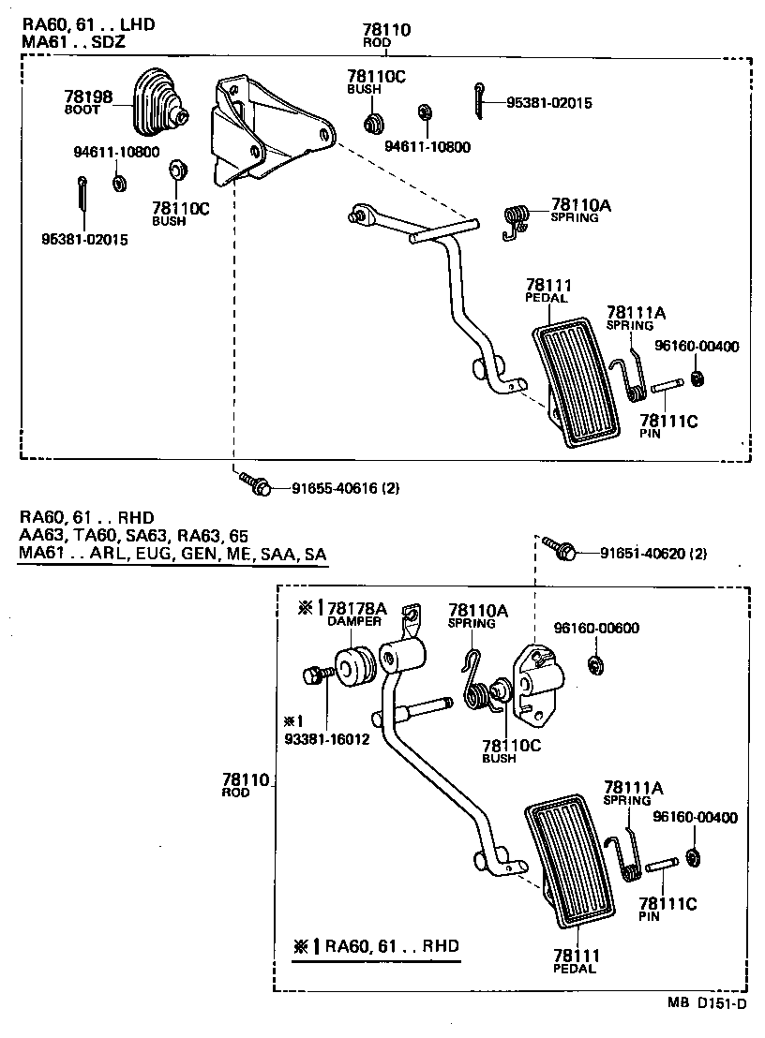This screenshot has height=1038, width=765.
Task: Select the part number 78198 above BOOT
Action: pos(88,96)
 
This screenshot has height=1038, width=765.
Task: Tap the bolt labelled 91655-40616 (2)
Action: pos(255,485)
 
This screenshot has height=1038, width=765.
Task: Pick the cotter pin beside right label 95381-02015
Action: pos(479,100)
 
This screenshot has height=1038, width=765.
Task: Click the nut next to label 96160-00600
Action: pos(594,666)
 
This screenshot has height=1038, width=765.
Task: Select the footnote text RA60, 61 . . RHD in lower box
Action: pos(393,946)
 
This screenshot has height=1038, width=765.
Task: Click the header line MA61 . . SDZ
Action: pos(71,42)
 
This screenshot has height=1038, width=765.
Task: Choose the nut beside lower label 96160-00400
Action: pos(693,858)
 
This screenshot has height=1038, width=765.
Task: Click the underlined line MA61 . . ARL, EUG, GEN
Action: pos(172,555)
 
